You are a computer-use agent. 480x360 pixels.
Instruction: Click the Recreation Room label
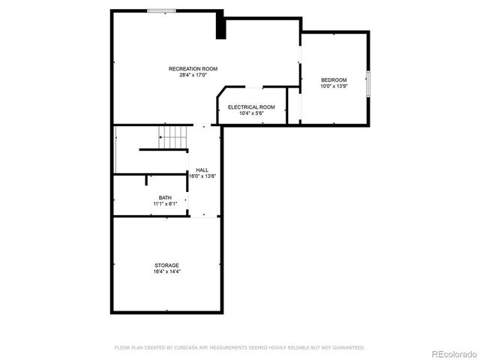[x=193, y=69]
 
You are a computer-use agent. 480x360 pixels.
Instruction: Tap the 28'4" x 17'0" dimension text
[x=193, y=75]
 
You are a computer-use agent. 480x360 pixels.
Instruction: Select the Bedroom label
[x=334, y=80]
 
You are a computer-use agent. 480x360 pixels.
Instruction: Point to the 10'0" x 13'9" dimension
[x=334, y=86]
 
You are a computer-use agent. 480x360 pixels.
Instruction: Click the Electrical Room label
[x=251, y=106]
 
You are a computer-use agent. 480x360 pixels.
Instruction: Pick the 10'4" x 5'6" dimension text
[x=251, y=113]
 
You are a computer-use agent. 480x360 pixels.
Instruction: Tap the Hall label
[x=202, y=170]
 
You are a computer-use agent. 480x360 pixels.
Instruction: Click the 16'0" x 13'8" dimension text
[x=202, y=176]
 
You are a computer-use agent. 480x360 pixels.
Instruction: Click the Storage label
[x=166, y=265]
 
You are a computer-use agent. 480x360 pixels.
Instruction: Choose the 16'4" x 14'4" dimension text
[x=166, y=271]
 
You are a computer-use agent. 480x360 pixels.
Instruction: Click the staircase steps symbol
[x=173, y=137]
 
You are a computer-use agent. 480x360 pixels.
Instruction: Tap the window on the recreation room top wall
[x=161, y=10]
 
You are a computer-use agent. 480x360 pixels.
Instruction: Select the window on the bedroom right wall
[x=368, y=82]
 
